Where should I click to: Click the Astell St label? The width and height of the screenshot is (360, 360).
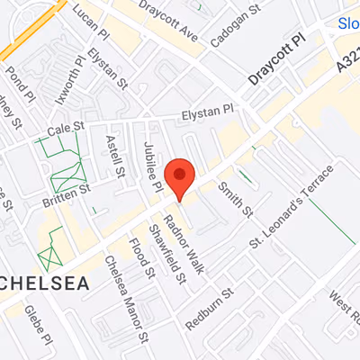point(114,155)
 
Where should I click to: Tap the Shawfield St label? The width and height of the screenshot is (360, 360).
point(169,251)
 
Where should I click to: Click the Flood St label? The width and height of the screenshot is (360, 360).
point(138,255)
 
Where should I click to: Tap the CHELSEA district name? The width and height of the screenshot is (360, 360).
point(44,283)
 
